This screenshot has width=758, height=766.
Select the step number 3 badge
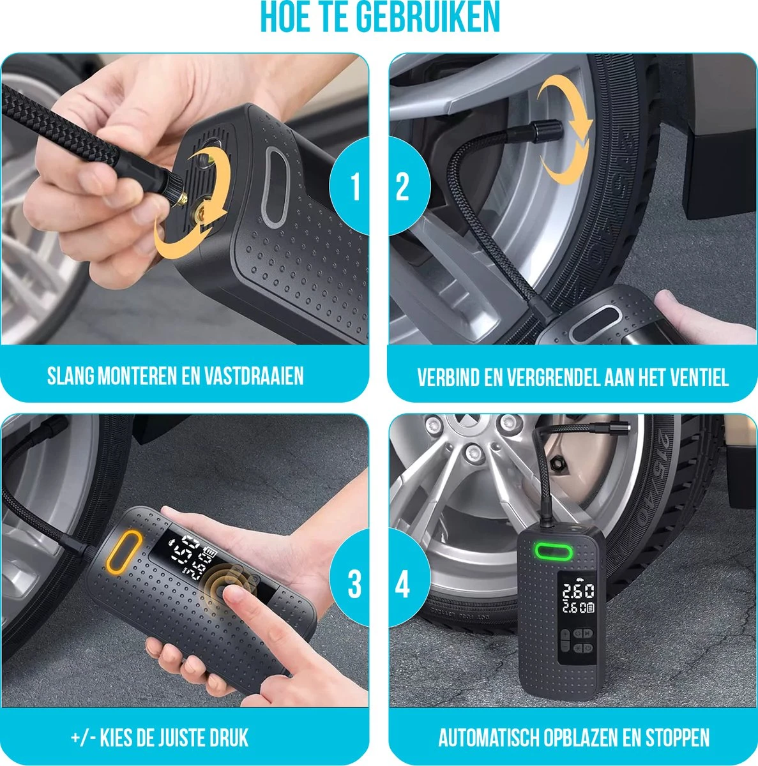354,585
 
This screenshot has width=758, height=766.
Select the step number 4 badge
402,585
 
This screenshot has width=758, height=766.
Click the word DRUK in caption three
227,739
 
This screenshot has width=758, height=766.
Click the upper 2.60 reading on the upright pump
577,591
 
